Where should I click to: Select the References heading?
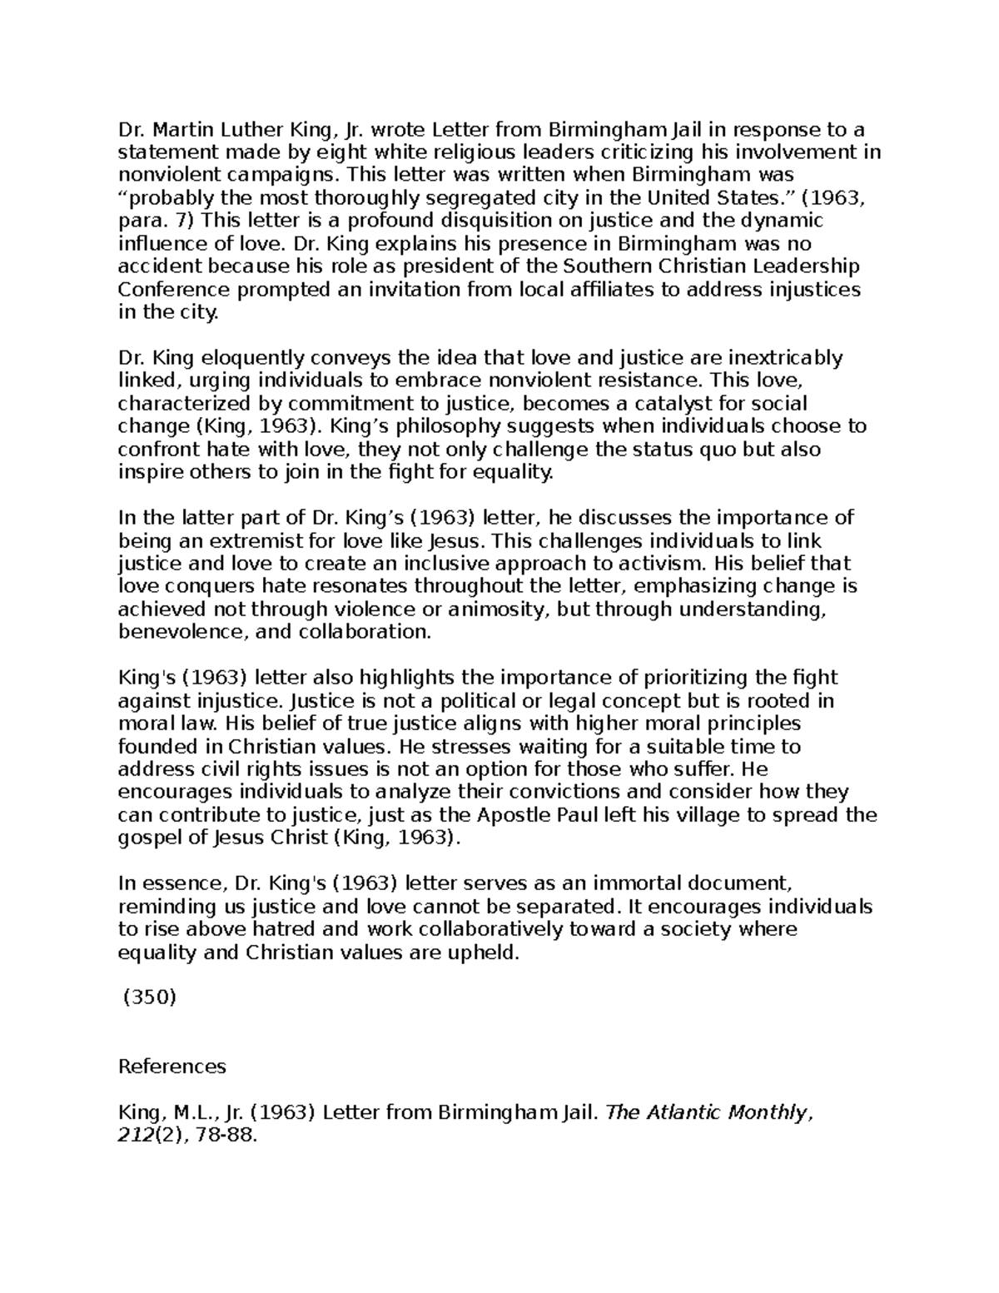pos(172,1067)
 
